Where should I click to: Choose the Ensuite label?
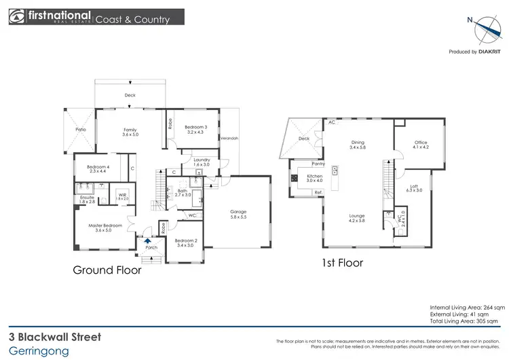coord(87,199)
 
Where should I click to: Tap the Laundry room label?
coord(202,162)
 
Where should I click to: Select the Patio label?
coord(80,129)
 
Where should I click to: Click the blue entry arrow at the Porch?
coord(148,240)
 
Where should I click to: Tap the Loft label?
coord(414,187)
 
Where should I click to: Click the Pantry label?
coord(318,164)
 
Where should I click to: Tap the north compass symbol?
coord(485,29)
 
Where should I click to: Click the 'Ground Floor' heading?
coord(107,270)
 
